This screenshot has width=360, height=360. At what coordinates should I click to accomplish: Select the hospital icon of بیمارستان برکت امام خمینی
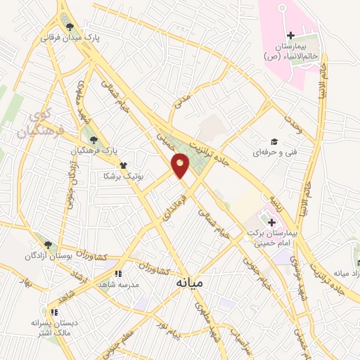pyautogui.click(x=271, y=222)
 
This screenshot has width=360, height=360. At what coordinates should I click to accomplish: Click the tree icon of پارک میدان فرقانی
pyautogui.click(x=69, y=27)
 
